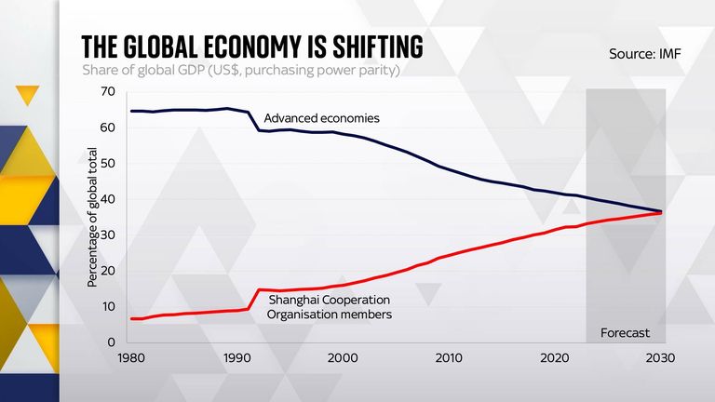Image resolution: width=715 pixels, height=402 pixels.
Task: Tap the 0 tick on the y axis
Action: (111, 342)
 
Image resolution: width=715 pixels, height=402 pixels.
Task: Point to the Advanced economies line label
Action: (321, 118)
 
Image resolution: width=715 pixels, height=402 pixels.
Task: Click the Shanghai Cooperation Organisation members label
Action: (329, 307)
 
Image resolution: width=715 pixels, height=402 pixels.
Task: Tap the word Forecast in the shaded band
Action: (624, 332)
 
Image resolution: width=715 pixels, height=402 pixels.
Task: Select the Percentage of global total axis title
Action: (92, 216)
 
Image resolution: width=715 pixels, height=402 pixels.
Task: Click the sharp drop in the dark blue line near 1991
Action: (254, 122)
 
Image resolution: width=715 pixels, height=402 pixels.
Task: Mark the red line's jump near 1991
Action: (254, 299)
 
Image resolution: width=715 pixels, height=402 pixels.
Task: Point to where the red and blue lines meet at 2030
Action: (661, 212)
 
